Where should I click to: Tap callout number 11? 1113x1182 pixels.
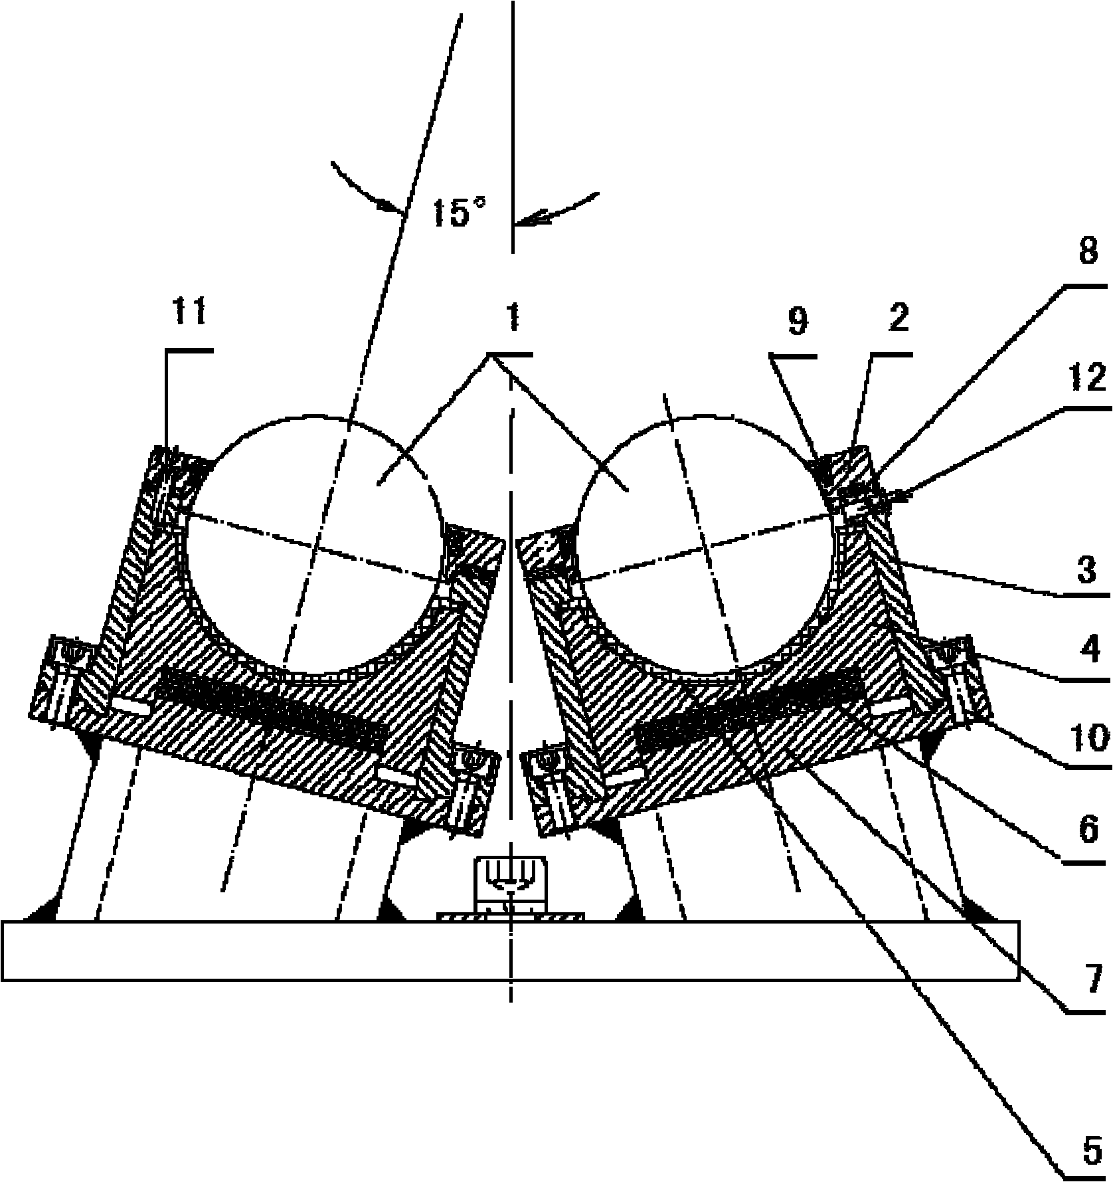[189, 312]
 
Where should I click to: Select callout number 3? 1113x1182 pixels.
[1086, 570]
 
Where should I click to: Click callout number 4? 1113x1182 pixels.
[1086, 650]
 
